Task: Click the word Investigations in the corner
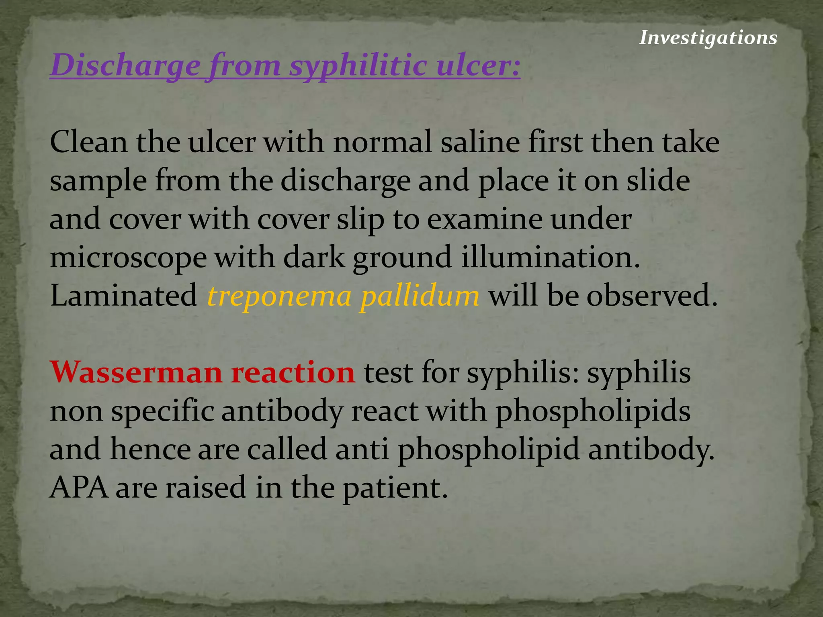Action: pyautogui.click(x=708, y=38)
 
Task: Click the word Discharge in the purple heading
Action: pyautogui.click(x=125, y=65)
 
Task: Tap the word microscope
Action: pyautogui.click(x=128, y=257)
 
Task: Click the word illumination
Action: pyautogui.click(x=550, y=257)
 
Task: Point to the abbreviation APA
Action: pyautogui.click(x=79, y=487)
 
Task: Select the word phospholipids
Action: pyautogui.click(x=593, y=412)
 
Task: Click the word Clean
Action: pyautogui.click(x=88, y=142)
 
